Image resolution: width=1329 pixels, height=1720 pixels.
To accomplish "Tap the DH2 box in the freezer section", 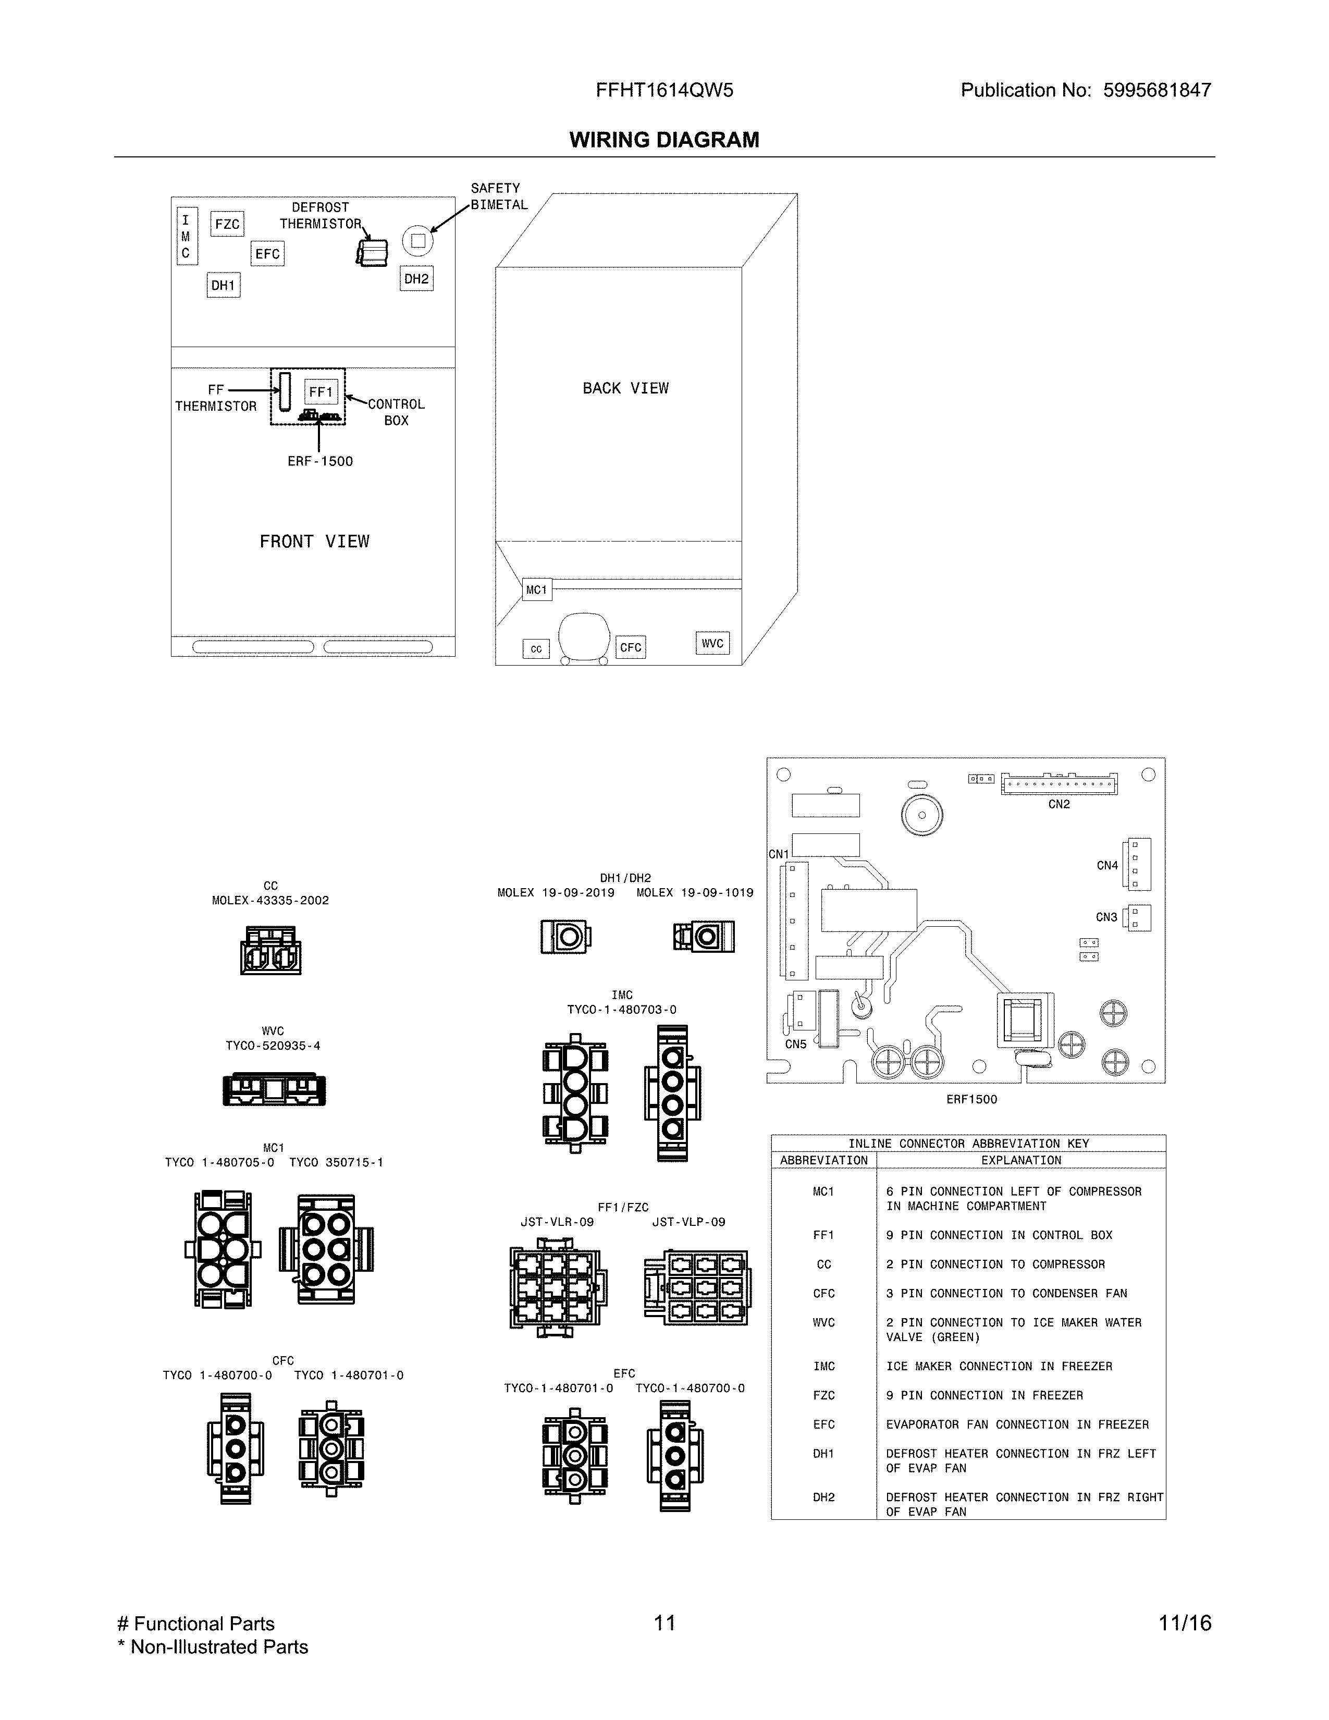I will (x=416, y=279).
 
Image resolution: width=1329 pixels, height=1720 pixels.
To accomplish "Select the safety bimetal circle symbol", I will (x=418, y=241).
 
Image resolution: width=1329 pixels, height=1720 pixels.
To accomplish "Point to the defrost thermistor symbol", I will (x=372, y=252).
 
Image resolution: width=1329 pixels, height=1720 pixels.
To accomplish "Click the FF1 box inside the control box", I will (x=321, y=391).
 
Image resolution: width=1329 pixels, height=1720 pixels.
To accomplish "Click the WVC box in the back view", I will (x=712, y=643).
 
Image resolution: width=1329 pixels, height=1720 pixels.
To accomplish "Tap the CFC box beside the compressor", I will (x=631, y=647).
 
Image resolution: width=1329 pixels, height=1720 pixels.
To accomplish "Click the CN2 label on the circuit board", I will (x=1059, y=804).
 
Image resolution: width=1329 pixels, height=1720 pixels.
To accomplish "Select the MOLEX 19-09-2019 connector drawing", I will (x=565, y=937).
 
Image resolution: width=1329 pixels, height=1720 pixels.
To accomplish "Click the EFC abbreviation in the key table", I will (x=823, y=1424).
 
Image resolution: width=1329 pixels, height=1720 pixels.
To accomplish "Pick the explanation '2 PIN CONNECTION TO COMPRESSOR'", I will (x=995, y=1264).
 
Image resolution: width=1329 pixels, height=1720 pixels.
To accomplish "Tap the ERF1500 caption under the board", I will (x=971, y=1099).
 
